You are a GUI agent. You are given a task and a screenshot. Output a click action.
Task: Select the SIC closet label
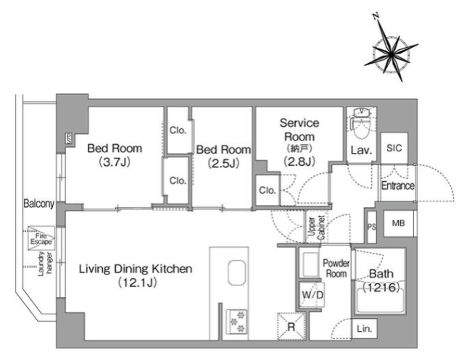coord(394,148)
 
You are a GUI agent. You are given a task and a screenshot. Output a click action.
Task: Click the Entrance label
coord(398,185)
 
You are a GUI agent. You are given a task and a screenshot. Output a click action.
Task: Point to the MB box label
coord(398,223)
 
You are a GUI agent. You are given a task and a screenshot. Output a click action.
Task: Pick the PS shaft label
coord(372,227)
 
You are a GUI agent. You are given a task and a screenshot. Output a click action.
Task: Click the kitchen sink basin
coord(237,272)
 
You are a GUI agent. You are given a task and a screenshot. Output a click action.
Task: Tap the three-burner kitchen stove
coord(237,322)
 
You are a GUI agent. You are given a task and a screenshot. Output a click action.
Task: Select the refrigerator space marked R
coord(291,327)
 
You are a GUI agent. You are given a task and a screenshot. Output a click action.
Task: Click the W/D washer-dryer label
coord(312,295)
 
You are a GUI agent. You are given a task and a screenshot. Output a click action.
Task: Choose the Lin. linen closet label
coord(364,329)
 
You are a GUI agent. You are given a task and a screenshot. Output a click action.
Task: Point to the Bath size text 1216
coord(381,287)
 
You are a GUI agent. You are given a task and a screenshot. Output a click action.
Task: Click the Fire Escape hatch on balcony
coord(41,238)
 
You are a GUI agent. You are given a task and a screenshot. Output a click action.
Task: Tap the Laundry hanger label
coord(45,264)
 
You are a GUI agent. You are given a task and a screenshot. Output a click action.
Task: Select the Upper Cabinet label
coord(316,228)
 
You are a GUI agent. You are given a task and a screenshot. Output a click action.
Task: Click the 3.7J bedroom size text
coord(115,162)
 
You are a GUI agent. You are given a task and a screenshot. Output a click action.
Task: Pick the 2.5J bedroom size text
coord(223,163)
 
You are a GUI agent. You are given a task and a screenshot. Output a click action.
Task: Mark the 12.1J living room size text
coord(137,282)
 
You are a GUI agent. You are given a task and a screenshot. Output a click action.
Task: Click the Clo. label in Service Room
coord(268,191)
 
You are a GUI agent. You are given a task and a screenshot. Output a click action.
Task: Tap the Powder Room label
coord(336,268)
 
